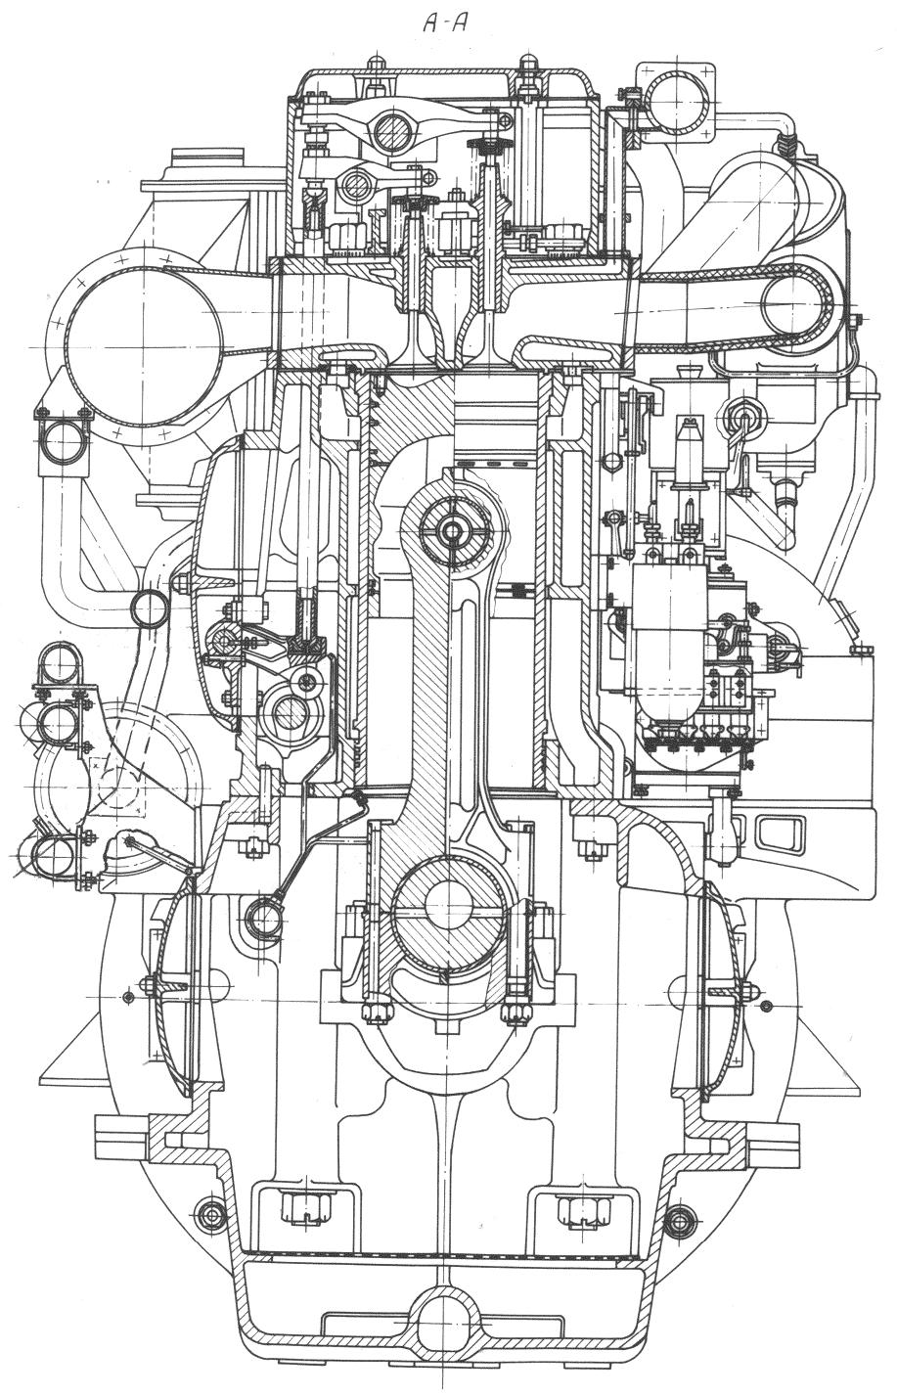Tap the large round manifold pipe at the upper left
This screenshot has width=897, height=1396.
(x=144, y=346)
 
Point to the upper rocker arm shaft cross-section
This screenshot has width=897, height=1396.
(x=396, y=131)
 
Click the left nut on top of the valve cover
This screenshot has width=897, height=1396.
(x=375, y=65)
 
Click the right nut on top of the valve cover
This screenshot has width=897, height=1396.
(x=527, y=65)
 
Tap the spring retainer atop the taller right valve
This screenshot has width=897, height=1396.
(x=488, y=146)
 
